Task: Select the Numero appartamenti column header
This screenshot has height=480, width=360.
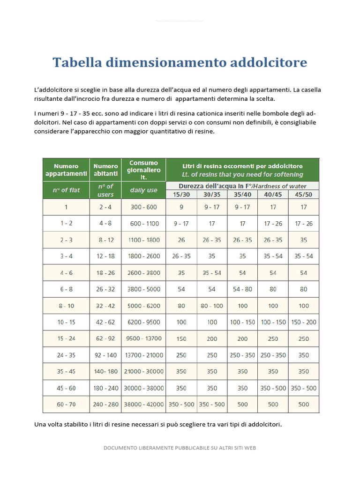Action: point(66,170)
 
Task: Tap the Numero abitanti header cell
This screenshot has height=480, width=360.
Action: point(105,170)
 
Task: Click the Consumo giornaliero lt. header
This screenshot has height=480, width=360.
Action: point(143,170)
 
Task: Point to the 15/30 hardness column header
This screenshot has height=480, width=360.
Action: point(181,194)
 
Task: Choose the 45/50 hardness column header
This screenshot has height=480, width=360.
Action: point(304,194)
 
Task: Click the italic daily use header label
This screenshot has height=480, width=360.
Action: point(143,190)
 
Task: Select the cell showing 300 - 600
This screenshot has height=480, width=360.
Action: point(143,207)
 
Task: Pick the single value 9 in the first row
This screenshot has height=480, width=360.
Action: point(181,207)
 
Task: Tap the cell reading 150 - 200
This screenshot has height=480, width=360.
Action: point(304,322)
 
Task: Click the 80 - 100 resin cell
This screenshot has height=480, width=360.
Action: point(212,306)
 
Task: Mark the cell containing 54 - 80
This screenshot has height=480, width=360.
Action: point(242,289)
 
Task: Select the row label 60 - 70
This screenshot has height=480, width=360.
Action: point(66,404)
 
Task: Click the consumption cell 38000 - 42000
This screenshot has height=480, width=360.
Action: point(143,404)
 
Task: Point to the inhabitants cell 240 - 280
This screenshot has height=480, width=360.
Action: point(105,404)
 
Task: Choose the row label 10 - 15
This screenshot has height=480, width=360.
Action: point(66,322)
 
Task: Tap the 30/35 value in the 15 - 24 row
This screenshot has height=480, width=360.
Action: point(212,338)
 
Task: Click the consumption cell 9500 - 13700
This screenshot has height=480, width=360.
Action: point(143,338)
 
